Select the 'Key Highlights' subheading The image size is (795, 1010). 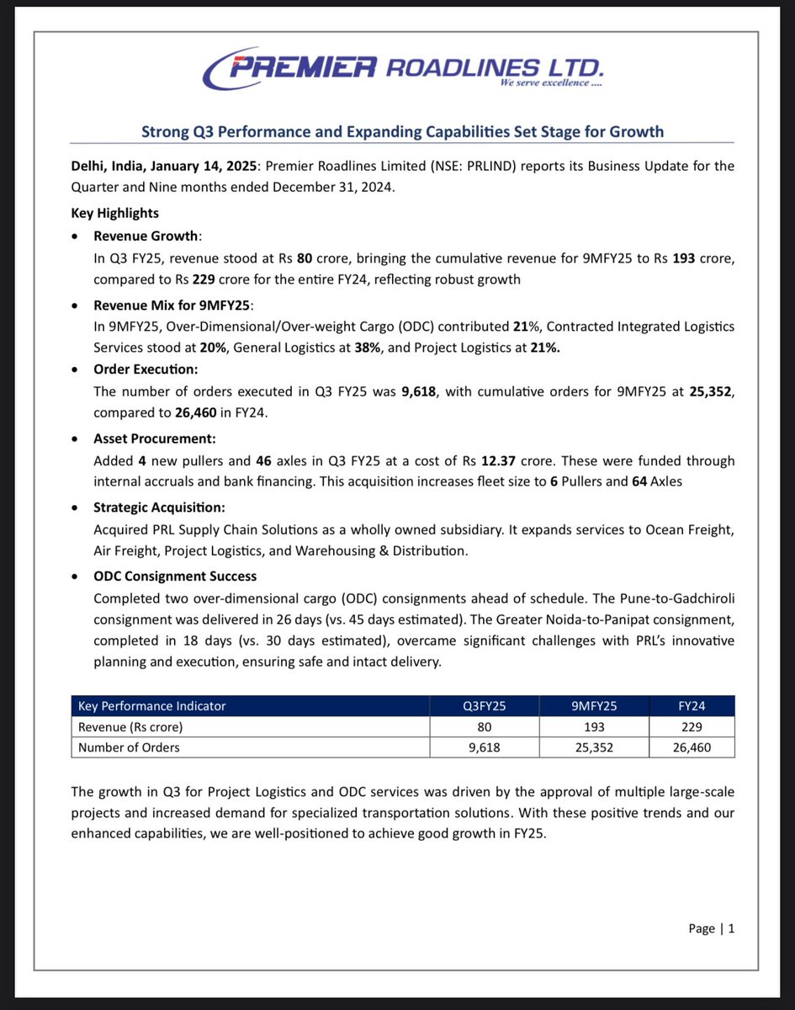tap(115, 213)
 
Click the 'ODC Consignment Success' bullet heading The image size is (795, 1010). tap(175, 577)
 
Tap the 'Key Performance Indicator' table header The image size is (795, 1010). tap(151, 706)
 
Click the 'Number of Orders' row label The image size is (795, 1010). tap(129, 747)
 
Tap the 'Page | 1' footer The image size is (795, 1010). tap(711, 928)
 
